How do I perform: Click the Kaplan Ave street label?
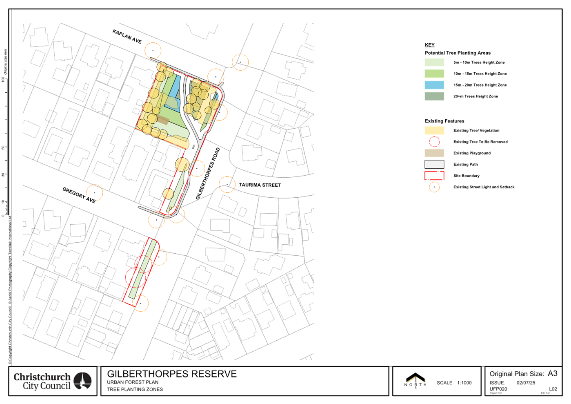point(127,37)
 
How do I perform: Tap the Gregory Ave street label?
point(79,195)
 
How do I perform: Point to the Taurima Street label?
point(260,185)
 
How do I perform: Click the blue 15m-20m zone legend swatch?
point(434,85)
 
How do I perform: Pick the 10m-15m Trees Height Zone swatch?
point(434,74)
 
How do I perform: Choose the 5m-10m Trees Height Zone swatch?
point(434,62)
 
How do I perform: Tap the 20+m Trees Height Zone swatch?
point(434,96)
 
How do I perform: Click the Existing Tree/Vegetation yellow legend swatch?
point(434,130)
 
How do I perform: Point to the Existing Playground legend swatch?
point(434,153)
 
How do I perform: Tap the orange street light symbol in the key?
point(434,187)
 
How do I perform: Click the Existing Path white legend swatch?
point(434,164)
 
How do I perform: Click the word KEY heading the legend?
point(429,45)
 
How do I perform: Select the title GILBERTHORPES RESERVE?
point(171,374)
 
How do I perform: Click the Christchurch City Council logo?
point(53,381)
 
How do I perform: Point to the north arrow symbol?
point(415,381)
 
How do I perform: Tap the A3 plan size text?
point(552,373)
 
